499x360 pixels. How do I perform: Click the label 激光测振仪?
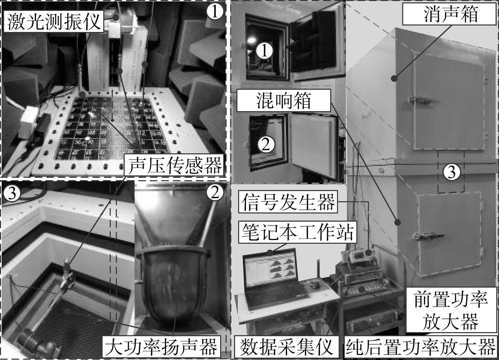[53, 21]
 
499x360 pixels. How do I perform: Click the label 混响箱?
[284, 101]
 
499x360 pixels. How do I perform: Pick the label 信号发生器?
[288, 202]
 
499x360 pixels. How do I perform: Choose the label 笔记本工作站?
[298, 232]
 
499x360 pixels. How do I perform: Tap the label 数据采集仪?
[286, 347]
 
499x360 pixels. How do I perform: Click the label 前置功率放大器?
[451, 311]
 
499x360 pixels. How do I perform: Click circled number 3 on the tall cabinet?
[451, 173]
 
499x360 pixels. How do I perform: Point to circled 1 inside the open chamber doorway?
[264, 51]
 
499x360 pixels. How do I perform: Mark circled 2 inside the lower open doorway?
[266, 145]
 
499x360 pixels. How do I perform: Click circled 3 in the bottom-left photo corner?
[12, 193]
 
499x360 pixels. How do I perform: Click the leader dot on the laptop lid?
[270, 253]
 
